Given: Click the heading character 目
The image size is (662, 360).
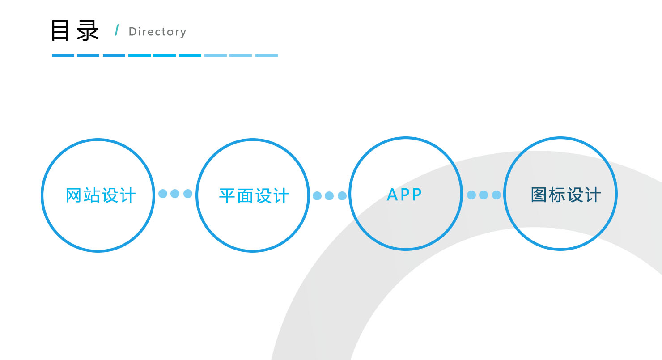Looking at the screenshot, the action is [x=60, y=30].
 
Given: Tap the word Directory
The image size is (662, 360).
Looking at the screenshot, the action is [x=157, y=32].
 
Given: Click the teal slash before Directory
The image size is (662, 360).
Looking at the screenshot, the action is [x=117, y=30].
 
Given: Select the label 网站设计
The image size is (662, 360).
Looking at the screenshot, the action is [x=101, y=195].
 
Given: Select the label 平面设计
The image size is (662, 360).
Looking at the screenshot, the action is [x=254, y=195].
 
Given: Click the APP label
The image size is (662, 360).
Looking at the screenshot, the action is [x=405, y=195].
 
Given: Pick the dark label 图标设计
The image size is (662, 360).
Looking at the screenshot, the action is [x=566, y=195].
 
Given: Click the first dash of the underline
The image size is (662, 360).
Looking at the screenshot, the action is [x=63, y=55].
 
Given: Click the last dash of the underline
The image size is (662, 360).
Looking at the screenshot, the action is [x=267, y=55].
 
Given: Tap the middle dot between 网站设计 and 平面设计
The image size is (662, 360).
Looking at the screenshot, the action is [x=175, y=194].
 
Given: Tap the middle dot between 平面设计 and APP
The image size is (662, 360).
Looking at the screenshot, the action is [x=329, y=196].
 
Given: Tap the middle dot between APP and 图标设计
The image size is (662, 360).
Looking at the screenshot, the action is [x=484, y=195].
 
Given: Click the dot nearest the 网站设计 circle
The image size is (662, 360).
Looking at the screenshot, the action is [x=163, y=194].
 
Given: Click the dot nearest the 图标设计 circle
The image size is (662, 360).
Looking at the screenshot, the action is [x=496, y=195].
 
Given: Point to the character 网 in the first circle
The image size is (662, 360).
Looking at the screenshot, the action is [x=73, y=195].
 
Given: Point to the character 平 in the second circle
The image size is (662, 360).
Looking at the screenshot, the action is [x=227, y=195].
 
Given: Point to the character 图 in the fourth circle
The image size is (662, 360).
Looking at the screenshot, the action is [x=539, y=195].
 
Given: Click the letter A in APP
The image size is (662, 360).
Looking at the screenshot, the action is [x=392, y=195].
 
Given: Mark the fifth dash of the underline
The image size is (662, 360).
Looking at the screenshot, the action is [x=165, y=55].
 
